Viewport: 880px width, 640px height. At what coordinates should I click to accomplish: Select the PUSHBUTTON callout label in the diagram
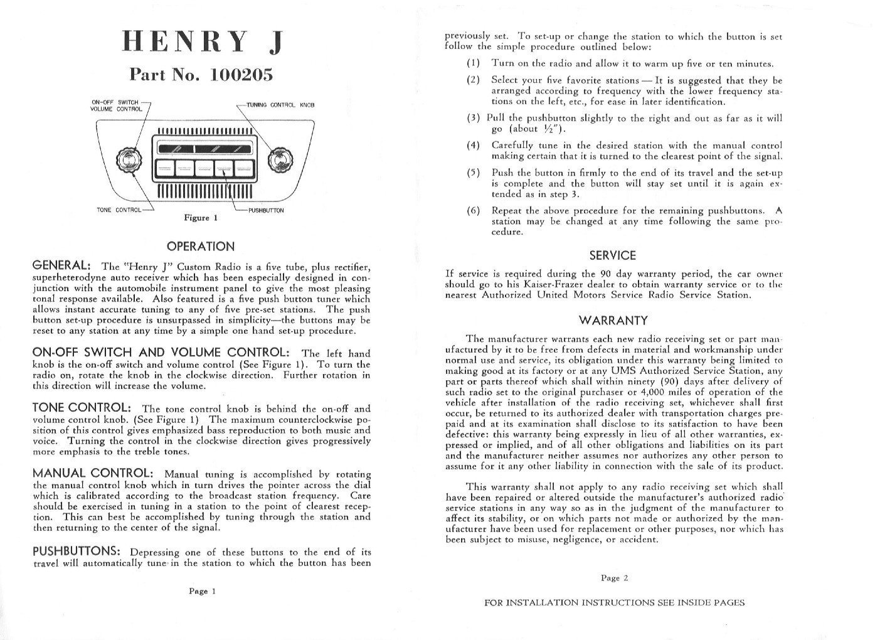(266, 210)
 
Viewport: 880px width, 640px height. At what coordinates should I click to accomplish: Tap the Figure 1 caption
(200, 218)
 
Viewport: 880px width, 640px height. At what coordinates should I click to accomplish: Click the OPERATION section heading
(201, 247)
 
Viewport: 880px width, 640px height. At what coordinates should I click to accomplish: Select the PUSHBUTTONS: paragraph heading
(76, 552)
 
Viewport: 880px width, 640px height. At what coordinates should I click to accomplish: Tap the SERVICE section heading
(613, 255)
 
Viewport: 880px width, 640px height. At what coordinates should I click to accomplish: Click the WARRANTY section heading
(613, 321)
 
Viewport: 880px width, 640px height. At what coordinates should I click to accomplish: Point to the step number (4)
(473, 146)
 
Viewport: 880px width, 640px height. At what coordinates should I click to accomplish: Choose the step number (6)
(473, 211)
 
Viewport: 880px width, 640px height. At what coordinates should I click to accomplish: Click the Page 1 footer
(202, 590)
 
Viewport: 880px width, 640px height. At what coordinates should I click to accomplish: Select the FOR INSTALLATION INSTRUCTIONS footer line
(614, 603)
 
